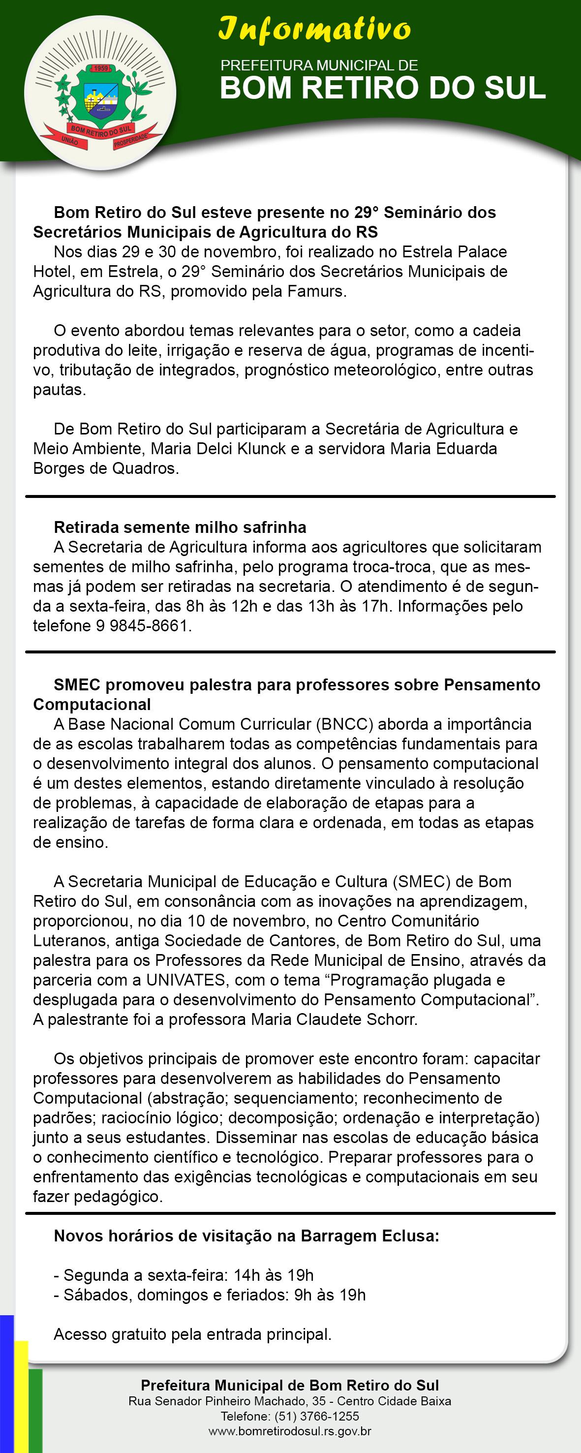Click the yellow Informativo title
(315, 30)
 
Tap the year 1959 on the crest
(101, 68)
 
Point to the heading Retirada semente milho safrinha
(180, 527)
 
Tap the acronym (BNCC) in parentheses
(345, 724)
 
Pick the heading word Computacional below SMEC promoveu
(92, 705)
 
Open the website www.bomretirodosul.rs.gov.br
(290, 1431)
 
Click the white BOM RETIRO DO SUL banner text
(382, 88)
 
